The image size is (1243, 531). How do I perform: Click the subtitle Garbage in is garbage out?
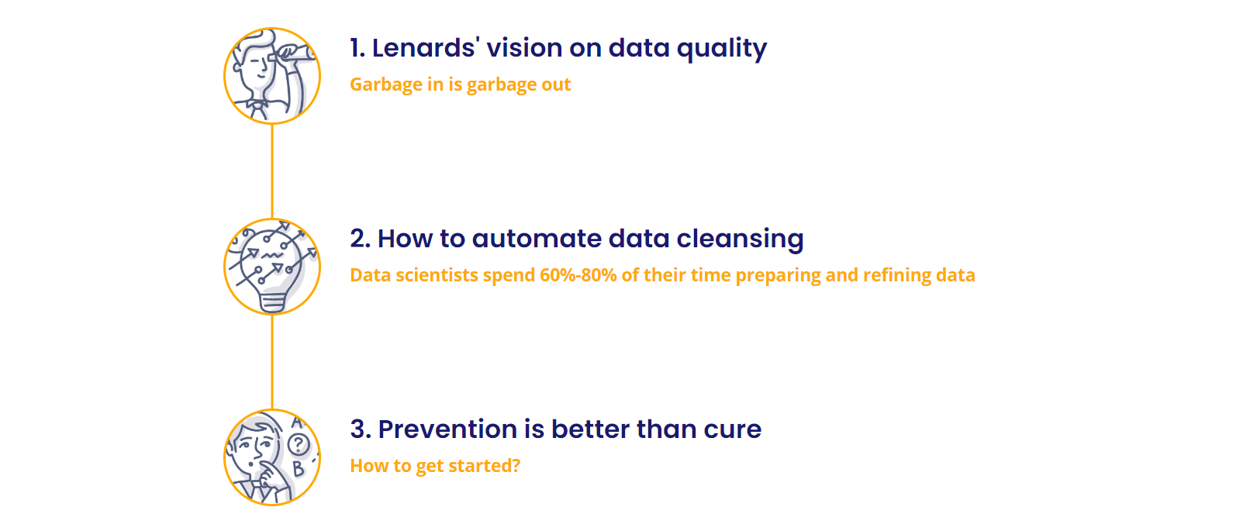(460, 84)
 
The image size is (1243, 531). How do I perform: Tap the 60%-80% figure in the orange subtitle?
(578, 275)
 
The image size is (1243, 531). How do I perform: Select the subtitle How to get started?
(435, 466)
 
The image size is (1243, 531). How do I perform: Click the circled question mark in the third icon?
(299, 444)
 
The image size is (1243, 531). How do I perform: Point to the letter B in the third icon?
(298, 469)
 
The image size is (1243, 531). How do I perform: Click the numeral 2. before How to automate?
(360, 240)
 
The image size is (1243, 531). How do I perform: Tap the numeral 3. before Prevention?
(361, 429)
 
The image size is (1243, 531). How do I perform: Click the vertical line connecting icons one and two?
(272, 171)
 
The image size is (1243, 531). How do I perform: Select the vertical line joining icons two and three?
(272, 362)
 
